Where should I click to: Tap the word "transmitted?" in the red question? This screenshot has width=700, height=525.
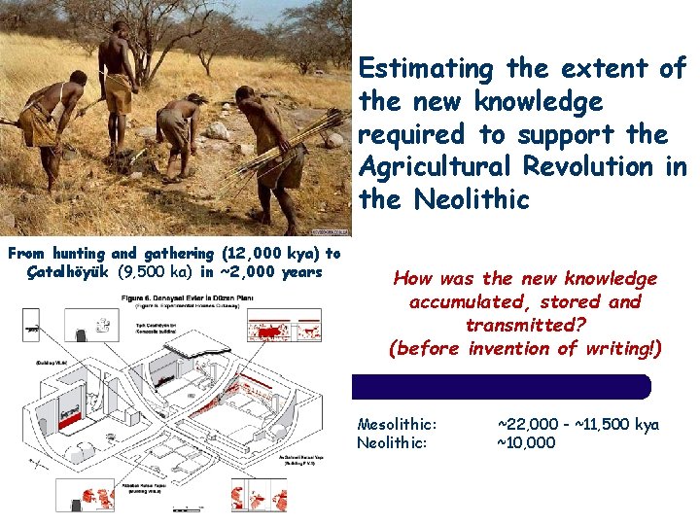tap(525, 325)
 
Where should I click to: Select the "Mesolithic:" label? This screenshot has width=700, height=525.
tap(397, 424)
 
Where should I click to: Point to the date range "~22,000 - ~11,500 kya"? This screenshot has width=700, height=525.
tap(577, 424)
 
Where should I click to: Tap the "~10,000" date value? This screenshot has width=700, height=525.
tap(526, 442)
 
